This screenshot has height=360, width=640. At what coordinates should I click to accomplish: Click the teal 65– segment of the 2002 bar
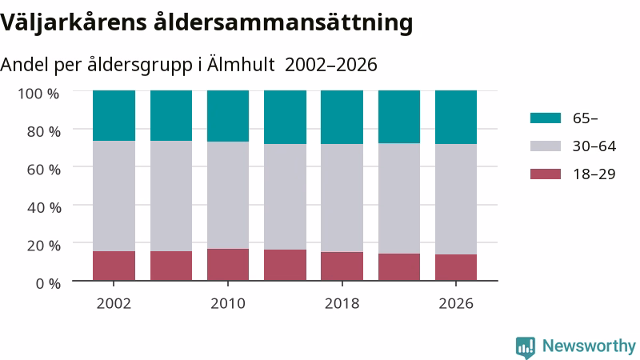pos(114,115)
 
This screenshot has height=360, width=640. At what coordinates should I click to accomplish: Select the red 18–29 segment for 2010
pos(228,265)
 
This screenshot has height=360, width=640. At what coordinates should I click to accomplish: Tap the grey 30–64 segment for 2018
pos(342,198)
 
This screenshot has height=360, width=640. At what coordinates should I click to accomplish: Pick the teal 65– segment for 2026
pos(456,117)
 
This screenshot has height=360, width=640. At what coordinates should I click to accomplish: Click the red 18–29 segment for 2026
pos(456,268)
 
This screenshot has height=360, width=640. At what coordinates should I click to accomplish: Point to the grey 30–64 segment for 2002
pos(114,196)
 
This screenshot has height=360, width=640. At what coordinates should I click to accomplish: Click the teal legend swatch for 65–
pos(546,118)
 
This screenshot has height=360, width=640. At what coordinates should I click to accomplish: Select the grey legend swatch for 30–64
pos(546,146)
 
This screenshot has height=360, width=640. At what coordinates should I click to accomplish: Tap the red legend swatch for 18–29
pos(546,174)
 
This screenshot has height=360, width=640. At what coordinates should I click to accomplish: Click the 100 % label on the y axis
pos(38,94)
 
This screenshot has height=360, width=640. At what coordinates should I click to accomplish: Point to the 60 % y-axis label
pos(44,170)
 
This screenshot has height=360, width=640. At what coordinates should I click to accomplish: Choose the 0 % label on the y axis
pos(48,283)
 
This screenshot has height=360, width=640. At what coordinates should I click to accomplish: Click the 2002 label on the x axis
pos(114,304)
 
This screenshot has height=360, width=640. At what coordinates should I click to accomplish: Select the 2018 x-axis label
pos(342,304)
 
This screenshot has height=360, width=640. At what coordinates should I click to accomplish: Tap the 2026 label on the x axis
pos(456,304)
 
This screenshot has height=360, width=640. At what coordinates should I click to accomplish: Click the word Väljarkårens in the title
pos(74,23)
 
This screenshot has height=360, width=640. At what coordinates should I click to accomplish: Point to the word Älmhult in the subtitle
pos(241,65)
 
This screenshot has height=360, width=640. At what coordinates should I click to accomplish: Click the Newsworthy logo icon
pos(526,348)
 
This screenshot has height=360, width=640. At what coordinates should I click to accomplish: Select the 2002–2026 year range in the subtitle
pos(331,65)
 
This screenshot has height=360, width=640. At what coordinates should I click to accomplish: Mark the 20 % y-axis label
pos(44,246)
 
